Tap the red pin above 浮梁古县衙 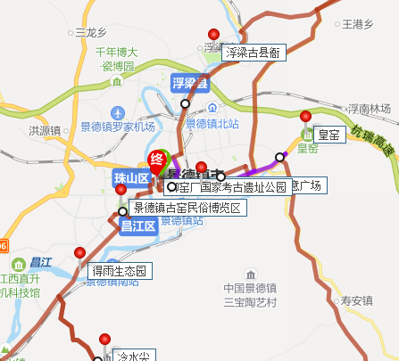[212, 34]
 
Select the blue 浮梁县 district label [189, 84]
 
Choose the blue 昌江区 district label [138, 226]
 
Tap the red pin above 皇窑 [305, 117]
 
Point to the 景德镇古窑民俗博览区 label [187, 209]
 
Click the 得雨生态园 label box [121, 270]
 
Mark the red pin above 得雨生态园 [81, 253]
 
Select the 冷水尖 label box [136, 356]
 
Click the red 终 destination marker [157, 161]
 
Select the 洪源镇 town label [45, 130]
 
